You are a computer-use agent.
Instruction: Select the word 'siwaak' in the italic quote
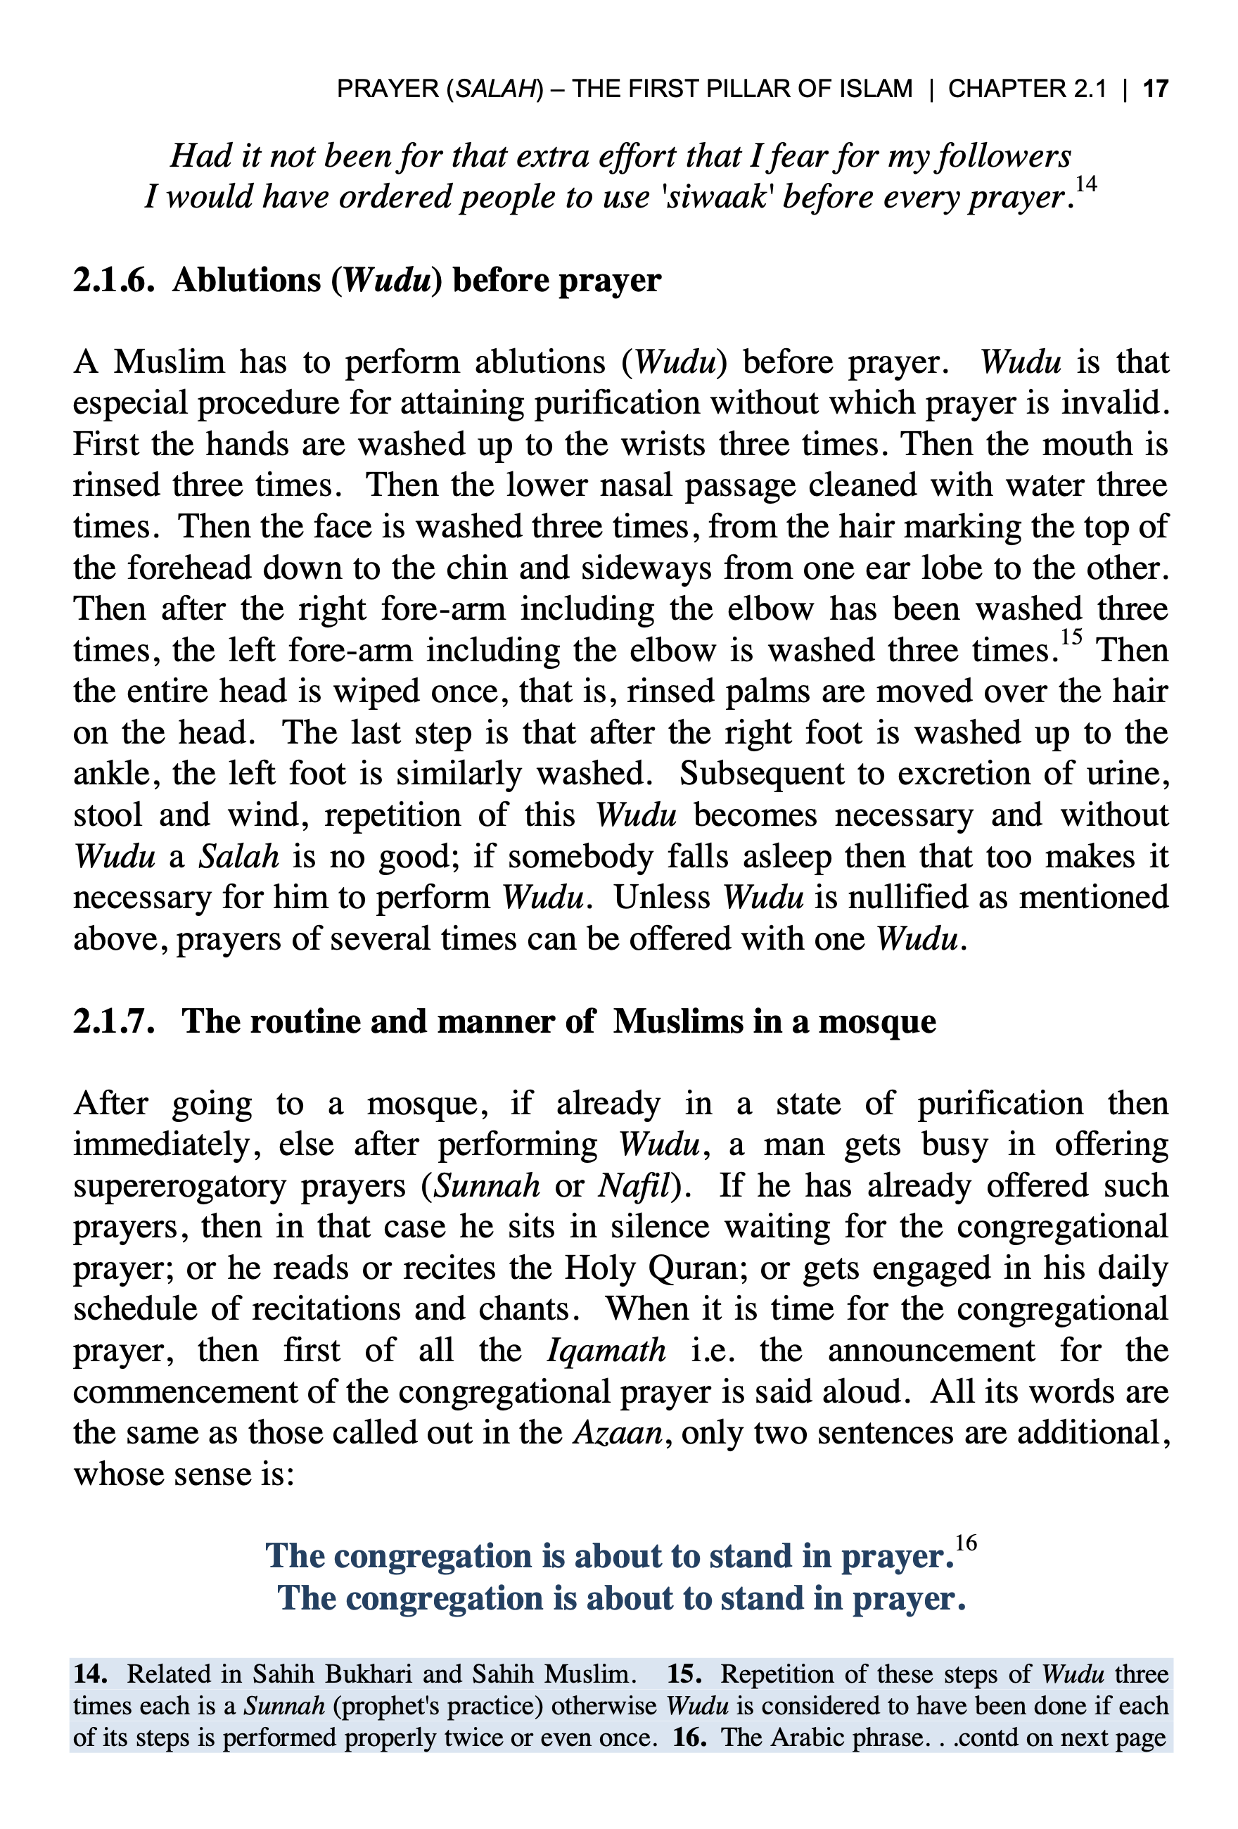point(715,198)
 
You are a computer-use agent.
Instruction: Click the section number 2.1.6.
point(113,280)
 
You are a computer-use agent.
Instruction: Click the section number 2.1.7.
point(113,1021)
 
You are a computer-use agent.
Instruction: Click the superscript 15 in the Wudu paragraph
point(1071,637)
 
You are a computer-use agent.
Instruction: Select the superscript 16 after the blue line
point(966,1543)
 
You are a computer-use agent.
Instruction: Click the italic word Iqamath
point(606,1351)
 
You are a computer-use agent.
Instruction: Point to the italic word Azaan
point(618,1433)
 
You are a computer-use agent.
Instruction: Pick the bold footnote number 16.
point(689,1737)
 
